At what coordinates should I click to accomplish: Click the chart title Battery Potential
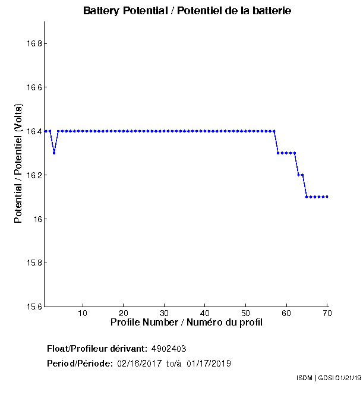(x=187, y=11)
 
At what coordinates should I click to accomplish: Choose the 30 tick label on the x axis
(x=164, y=313)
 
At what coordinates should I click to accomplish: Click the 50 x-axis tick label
(x=245, y=313)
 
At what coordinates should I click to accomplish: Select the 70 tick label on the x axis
(x=327, y=313)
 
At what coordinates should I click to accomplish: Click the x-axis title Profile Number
(x=187, y=323)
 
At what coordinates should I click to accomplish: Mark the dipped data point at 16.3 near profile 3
(x=54, y=153)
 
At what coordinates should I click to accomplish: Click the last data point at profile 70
(x=327, y=197)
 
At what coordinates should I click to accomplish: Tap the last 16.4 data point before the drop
(x=274, y=131)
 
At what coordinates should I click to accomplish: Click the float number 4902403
(x=173, y=349)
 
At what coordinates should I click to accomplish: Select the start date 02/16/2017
(x=140, y=364)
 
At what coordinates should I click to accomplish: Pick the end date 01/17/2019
(x=209, y=364)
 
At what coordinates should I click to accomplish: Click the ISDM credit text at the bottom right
(x=328, y=378)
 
